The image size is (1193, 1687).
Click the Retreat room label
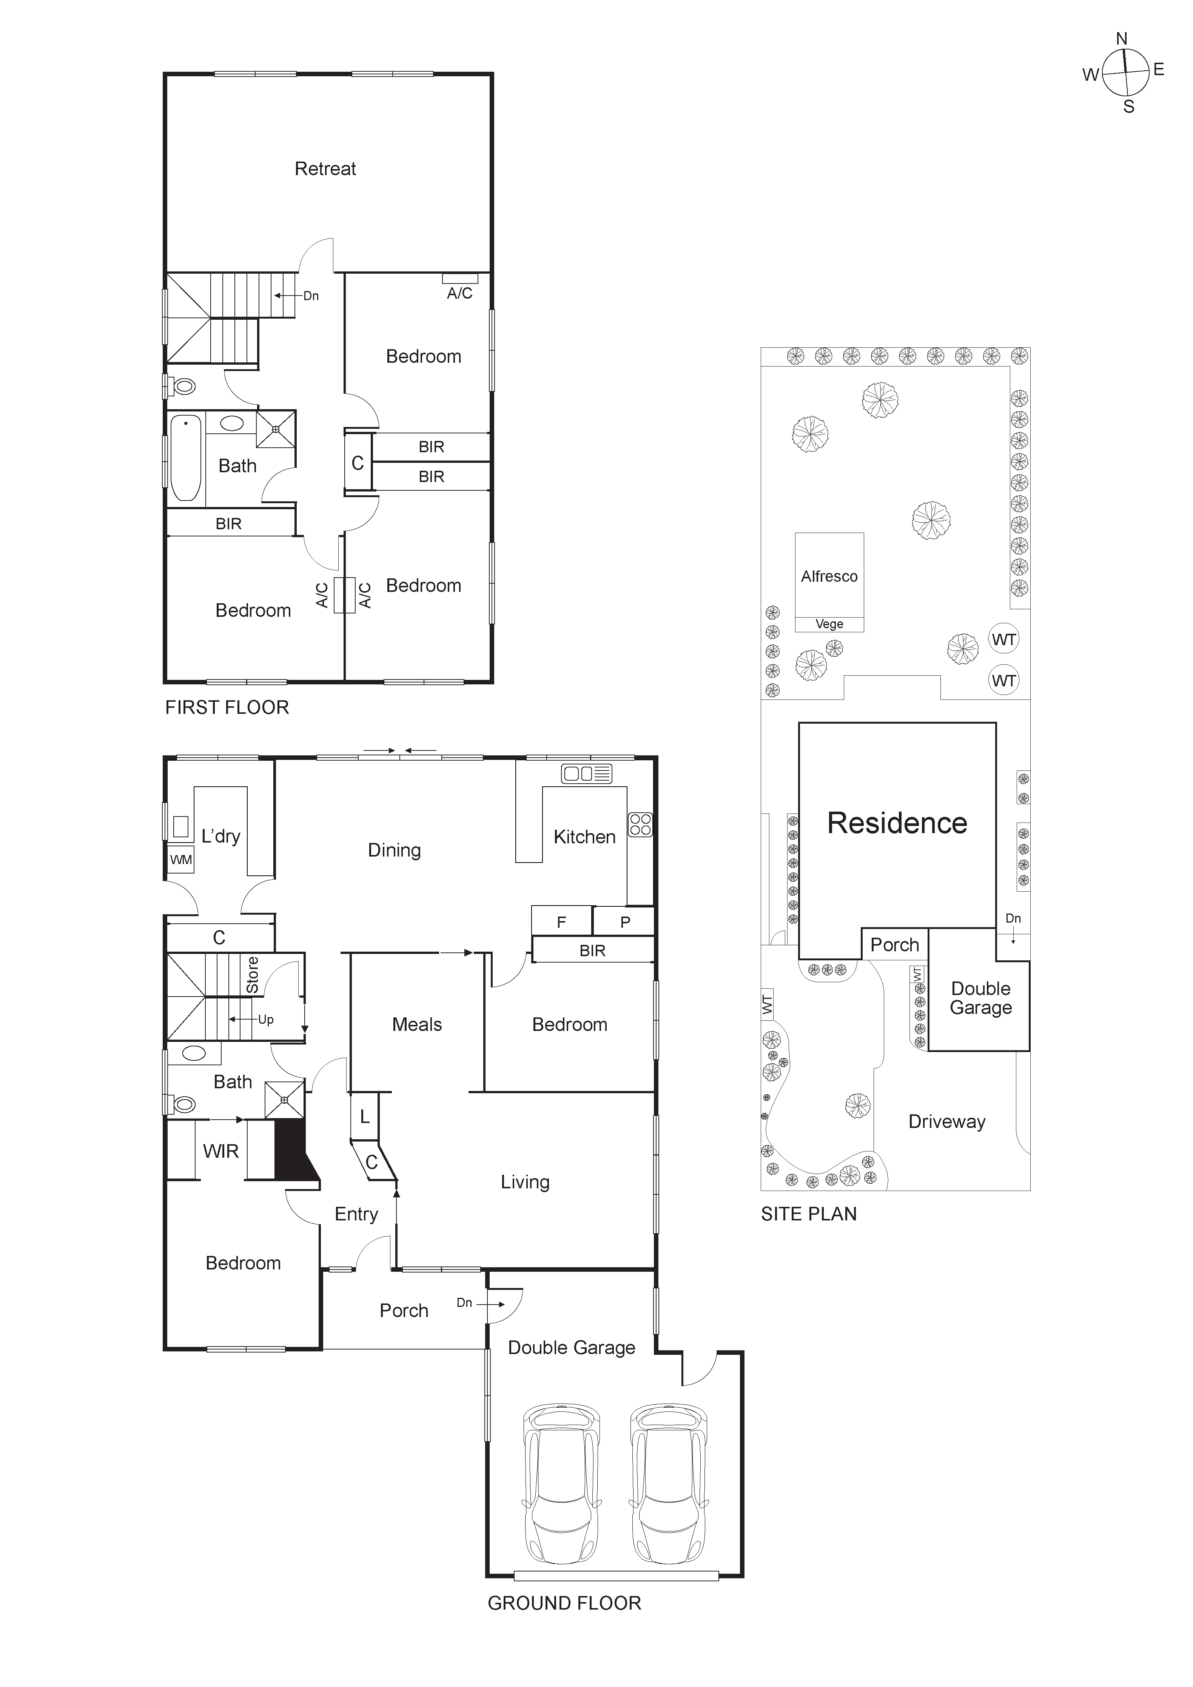point(325,169)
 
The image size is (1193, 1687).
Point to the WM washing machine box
point(181,860)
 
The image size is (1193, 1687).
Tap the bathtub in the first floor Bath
point(186,458)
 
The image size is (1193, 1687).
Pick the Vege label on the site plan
point(829,624)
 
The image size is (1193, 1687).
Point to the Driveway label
point(947,1121)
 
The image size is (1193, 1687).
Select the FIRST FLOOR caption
point(227,707)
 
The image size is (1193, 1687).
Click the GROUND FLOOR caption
point(564,1603)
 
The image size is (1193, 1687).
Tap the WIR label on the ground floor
point(220,1151)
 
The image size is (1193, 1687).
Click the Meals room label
point(417,1025)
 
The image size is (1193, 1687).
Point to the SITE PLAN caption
point(809,1214)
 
